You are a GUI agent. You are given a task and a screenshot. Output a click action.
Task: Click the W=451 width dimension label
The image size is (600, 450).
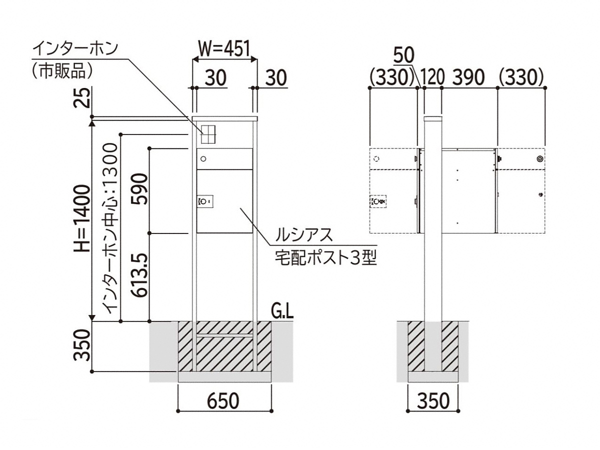coord(224,49)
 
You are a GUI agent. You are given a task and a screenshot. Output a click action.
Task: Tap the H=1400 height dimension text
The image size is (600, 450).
coord(82,218)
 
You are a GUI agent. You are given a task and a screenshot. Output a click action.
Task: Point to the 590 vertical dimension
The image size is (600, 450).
coord(139,188)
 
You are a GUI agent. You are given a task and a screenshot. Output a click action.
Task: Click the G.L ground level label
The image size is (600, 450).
coord(282,312)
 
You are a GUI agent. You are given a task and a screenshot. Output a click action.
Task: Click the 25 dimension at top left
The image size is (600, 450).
coord(82,97)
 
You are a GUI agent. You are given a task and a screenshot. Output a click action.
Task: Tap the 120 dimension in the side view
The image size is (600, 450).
coord(432,77)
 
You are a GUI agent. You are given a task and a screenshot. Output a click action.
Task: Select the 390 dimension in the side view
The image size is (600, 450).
coord(468,77)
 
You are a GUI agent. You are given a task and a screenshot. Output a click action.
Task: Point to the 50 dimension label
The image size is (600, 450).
coord(404,55)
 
